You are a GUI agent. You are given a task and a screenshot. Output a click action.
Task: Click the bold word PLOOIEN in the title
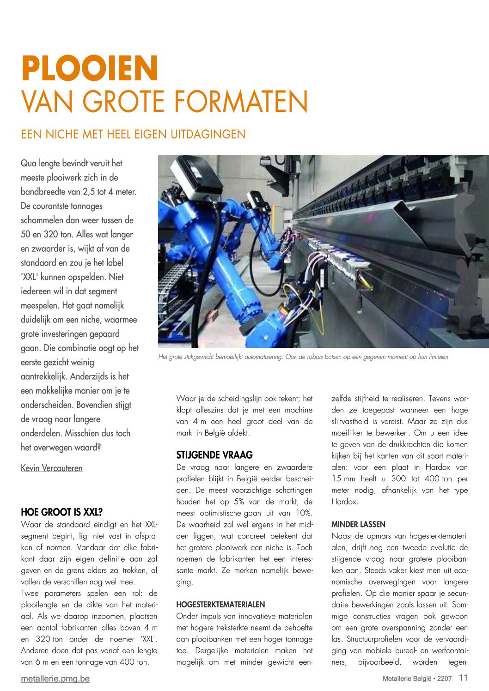90,68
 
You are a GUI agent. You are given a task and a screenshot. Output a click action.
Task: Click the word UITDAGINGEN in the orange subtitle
208,134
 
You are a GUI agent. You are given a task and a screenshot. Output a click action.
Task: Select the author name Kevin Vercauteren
52,468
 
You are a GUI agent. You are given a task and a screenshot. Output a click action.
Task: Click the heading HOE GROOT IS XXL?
61,512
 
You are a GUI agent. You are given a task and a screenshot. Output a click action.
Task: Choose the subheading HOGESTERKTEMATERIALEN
220,605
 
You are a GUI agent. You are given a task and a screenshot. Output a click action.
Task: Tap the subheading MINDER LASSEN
358,525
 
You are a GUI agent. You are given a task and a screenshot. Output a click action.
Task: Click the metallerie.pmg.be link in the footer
55,679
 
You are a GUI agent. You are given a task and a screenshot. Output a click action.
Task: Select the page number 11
464,678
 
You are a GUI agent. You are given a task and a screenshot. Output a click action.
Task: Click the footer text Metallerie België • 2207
417,679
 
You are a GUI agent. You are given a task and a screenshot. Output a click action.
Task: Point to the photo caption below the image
303,357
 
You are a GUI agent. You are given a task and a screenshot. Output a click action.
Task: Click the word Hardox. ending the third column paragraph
344,502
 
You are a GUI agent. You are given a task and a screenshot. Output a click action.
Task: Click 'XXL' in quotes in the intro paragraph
29,277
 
